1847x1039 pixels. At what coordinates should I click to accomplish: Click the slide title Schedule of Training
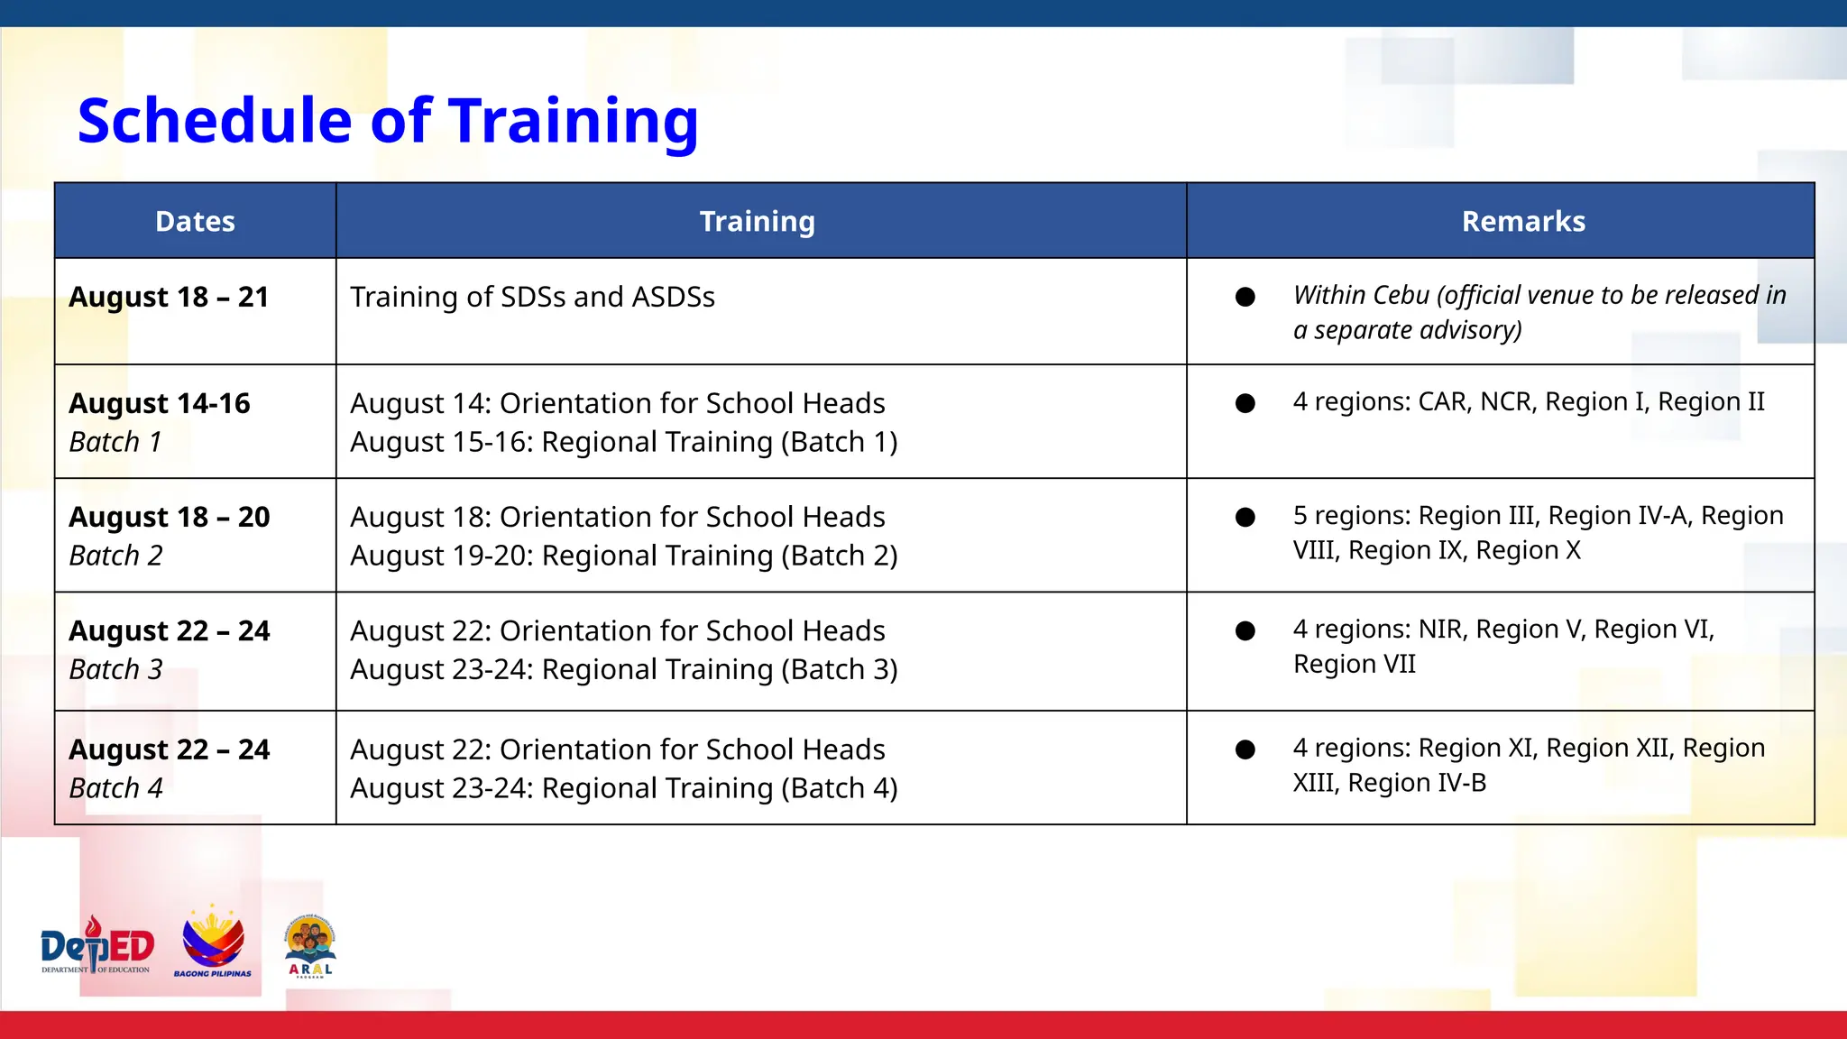point(388,121)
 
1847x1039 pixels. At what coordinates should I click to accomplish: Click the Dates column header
point(195,222)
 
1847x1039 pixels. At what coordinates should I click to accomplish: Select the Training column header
point(758,222)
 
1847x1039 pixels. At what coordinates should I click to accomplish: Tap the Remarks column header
point(1522,222)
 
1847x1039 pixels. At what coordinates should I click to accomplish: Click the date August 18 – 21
point(169,297)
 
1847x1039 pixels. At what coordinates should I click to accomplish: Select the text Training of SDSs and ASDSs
point(532,297)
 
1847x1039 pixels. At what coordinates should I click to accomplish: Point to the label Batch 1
point(115,442)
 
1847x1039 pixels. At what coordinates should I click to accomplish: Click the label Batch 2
point(115,556)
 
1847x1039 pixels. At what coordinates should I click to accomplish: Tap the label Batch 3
point(115,669)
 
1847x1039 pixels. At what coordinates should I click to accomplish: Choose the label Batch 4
point(115,788)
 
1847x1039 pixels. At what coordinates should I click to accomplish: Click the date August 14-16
point(160,403)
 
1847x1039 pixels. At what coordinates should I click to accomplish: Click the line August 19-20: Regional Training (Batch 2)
point(623,556)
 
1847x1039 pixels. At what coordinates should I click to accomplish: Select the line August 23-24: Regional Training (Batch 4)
point(623,788)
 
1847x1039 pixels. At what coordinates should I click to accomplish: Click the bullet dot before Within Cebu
point(1245,297)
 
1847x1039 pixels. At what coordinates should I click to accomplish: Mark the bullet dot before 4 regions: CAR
point(1245,403)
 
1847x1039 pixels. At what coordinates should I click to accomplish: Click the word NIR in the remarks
point(1441,629)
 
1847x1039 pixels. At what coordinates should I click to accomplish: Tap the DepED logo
point(97,947)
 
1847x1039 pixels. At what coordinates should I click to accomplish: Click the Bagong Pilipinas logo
point(213,943)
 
